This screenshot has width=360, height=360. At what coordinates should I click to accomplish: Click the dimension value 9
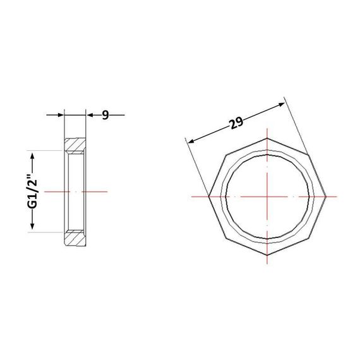[105, 115]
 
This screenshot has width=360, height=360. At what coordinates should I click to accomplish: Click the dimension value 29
[236, 123]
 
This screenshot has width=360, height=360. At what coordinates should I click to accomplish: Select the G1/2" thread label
[32, 191]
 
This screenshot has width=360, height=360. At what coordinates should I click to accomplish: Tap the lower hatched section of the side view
[75, 238]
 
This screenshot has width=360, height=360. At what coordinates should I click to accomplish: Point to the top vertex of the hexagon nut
[267, 138]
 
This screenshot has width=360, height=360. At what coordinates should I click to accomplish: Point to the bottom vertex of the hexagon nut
[267, 255]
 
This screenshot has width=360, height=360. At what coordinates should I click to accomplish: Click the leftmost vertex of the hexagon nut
[208, 196]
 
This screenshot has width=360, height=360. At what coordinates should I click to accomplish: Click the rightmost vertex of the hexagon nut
[326, 196]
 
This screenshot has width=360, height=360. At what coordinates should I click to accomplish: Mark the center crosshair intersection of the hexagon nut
[267, 196]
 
